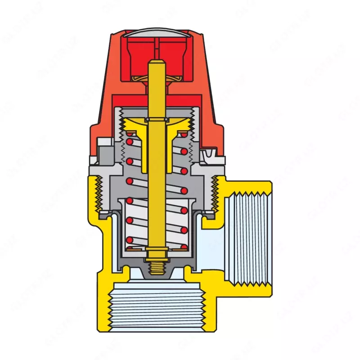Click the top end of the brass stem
156,63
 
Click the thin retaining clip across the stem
156,119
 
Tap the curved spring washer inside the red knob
155,80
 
